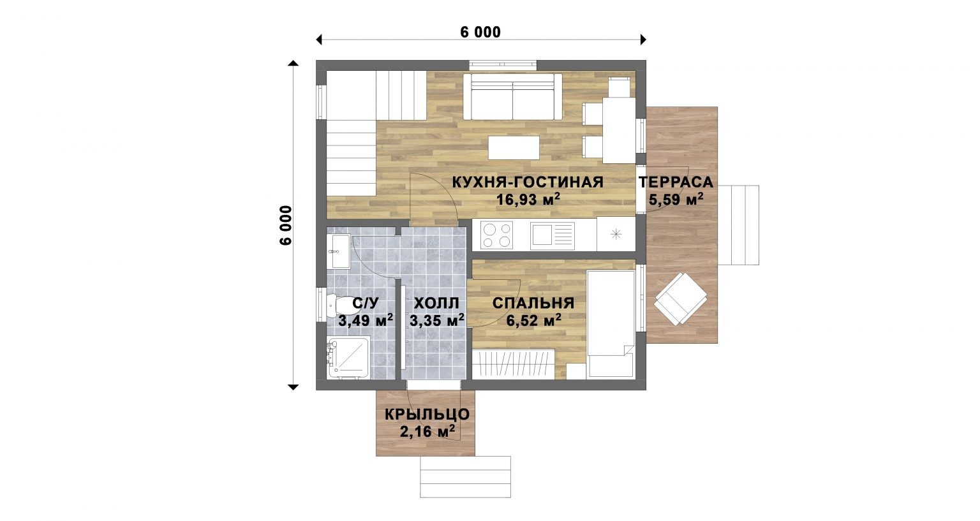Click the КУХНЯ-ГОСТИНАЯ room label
click(528, 182)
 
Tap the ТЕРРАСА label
click(676, 182)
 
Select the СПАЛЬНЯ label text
click(533, 303)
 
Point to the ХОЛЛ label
click(436, 303)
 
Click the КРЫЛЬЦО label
click(427, 415)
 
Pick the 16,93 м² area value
click(528, 200)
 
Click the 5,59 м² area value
click(676, 200)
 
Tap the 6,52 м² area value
click(534, 321)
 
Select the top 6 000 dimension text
click(480, 32)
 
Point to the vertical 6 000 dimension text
click(285, 225)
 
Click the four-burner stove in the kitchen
click(496, 235)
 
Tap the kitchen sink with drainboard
click(552, 235)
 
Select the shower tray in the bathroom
click(348, 357)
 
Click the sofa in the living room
click(513, 96)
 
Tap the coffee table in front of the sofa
click(514, 148)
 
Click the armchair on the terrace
click(681, 299)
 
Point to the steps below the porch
click(466, 477)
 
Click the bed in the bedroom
click(611, 324)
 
